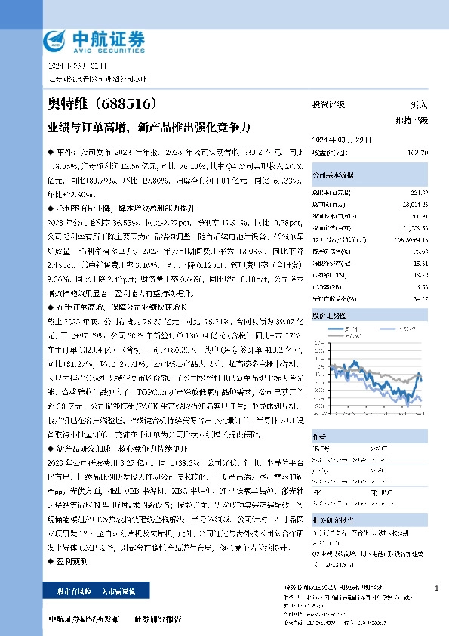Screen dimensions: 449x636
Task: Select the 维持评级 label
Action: click(x=411, y=120)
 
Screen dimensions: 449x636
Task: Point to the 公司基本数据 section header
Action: click(x=333, y=174)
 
